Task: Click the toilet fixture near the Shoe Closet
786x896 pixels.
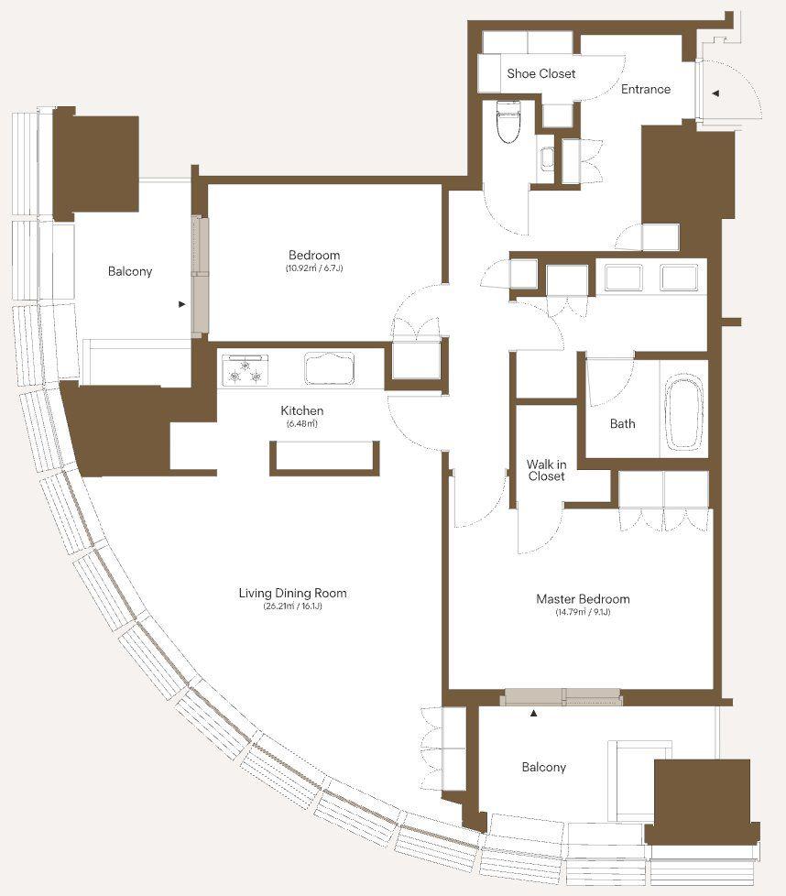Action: [x=508, y=122]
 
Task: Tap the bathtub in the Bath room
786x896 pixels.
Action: [x=683, y=410]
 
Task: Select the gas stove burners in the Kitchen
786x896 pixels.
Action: [x=246, y=370]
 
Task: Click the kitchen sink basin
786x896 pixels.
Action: [x=329, y=368]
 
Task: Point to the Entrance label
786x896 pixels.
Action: [x=646, y=89]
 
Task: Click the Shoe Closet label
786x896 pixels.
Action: [x=540, y=73]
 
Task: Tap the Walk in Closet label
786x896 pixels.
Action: [x=546, y=470]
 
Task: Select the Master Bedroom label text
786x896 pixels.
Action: [x=583, y=599]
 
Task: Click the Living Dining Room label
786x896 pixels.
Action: [x=292, y=593]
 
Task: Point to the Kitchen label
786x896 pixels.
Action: [x=301, y=410]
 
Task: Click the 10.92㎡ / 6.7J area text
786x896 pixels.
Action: [x=314, y=268]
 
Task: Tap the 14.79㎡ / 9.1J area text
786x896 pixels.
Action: [x=583, y=612]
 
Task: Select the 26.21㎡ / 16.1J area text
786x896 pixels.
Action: [x=292, y=606]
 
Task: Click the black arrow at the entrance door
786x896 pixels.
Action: [x=715, y=93]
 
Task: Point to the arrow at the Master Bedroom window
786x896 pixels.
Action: [x=533, y=713]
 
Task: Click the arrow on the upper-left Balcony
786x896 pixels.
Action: [x=181, y=304]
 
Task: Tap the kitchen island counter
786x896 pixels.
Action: [x=324, y=458]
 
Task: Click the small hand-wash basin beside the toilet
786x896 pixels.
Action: [x=547, y=158]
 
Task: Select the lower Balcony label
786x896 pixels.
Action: [x=544, y=767]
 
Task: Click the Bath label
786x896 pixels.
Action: [x=622, y=423]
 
